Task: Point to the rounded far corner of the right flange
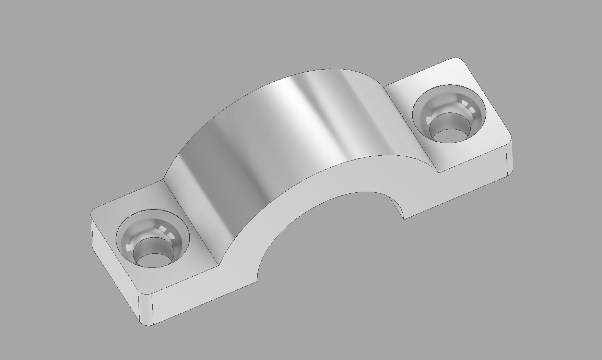[458, 62]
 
